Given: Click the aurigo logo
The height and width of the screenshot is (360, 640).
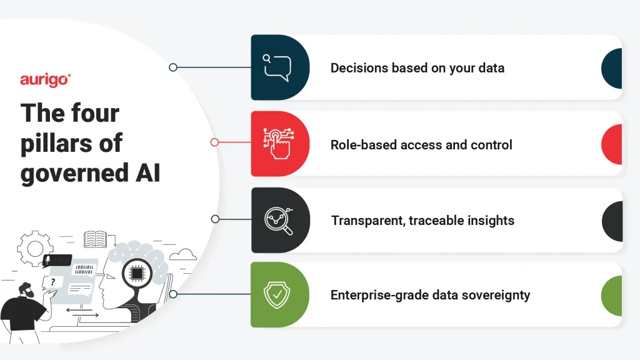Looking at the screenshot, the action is click(45, 80).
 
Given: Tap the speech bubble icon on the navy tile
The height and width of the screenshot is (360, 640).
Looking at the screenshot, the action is click(277, 67).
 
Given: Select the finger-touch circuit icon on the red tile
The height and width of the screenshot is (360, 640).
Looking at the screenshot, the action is click(279, 143).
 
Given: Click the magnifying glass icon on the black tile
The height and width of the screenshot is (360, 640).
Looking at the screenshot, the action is click(279, 221).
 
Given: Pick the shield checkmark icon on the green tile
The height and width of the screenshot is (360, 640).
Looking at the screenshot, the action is click(277, 295).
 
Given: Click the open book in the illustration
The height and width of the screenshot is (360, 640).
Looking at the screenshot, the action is click(95, 239).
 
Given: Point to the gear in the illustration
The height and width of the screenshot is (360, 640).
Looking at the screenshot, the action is click(35, 248).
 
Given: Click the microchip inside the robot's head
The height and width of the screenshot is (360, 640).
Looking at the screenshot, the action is click(137, 274).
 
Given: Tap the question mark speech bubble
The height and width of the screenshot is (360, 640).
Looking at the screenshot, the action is click(52, 282).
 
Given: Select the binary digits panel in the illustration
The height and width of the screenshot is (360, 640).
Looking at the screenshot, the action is click(84, 270).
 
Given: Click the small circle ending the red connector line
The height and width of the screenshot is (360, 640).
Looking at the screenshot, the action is click(215, 142).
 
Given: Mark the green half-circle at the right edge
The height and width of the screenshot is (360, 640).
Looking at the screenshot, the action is click(611, 296).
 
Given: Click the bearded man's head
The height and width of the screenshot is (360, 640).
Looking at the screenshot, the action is click(26, 291).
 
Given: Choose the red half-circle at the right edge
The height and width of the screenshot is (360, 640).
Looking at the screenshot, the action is click(611, 144).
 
